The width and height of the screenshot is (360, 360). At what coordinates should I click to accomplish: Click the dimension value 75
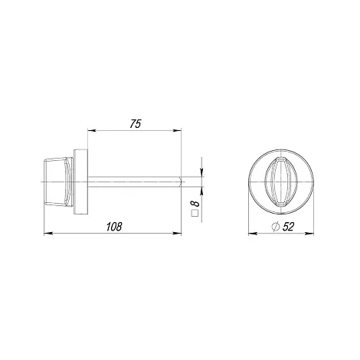[x=136, y=124]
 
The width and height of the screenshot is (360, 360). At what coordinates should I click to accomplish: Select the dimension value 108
[x=114, y=227]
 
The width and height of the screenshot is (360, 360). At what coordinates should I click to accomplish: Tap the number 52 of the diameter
[x=288, y=227]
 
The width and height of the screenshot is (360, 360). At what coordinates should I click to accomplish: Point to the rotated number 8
[x=196, y=204]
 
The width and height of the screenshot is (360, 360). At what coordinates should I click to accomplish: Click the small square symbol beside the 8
[x=195, y=213]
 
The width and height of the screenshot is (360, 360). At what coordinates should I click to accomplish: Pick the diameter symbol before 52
[x=276, y=227]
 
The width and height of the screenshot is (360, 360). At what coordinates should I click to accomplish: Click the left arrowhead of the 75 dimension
[x=91, y=130]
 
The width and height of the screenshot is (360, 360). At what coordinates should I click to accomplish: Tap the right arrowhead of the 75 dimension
[x=178, y=130]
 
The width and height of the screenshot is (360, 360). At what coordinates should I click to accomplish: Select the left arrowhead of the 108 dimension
[x=47, y=233]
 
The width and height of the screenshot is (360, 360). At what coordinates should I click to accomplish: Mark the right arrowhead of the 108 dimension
[x=178, y=233]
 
